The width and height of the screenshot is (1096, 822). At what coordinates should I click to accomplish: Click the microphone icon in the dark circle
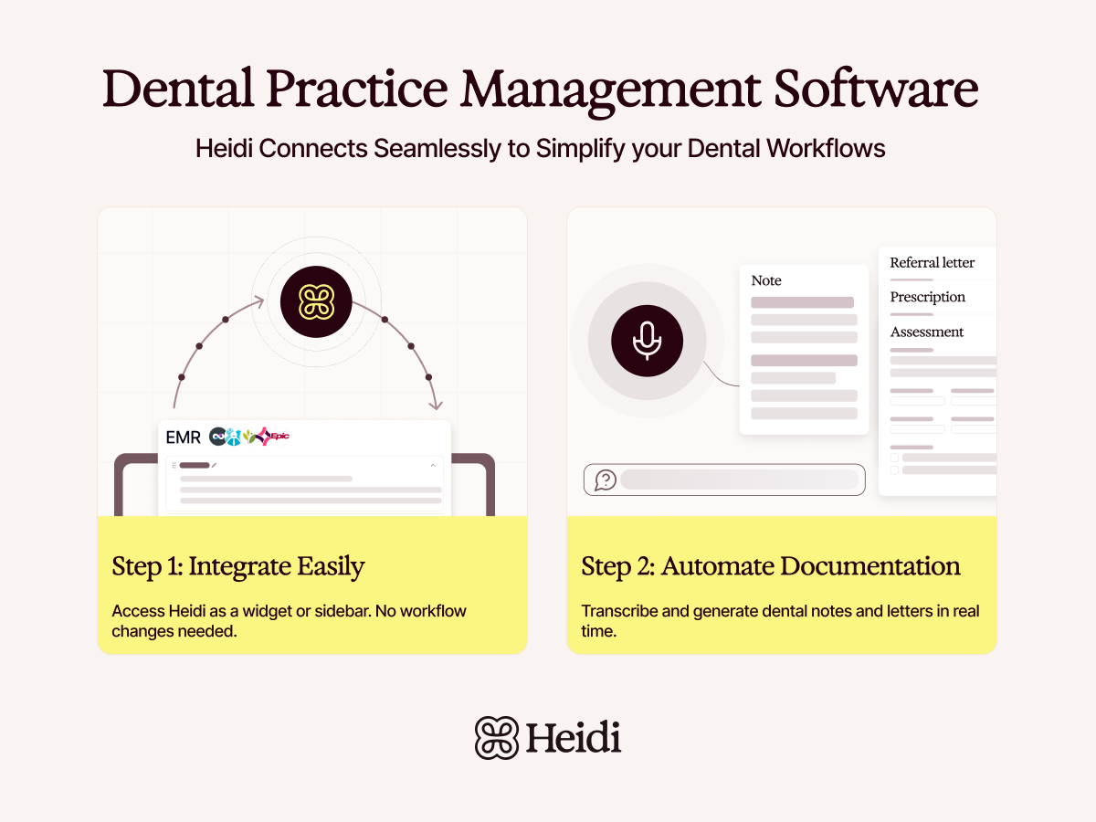coord(647,340)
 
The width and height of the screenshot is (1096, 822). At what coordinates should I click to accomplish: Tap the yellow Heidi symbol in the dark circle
coord(315,302)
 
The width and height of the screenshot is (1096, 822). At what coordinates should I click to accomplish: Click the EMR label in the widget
coord(183,437)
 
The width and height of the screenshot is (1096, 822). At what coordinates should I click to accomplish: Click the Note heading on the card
coord(766,280)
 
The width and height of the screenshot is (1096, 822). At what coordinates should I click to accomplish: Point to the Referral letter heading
coord(932,263)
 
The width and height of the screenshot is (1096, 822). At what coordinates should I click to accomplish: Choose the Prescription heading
coord(927,297)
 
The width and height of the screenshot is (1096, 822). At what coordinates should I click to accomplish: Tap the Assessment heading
coord(926,332)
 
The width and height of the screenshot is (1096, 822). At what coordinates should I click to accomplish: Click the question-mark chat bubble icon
coord(605,479)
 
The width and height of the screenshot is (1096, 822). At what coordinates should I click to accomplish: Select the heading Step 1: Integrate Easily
coord(238,566)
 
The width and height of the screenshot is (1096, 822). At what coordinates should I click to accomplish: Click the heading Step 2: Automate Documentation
coord(770,566)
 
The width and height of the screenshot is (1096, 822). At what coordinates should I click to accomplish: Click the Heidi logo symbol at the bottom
coord(496,737)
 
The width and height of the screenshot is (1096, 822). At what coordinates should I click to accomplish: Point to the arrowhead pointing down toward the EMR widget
coord(437,405)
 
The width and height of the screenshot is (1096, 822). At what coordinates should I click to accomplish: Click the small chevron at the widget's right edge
coord(433,466)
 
